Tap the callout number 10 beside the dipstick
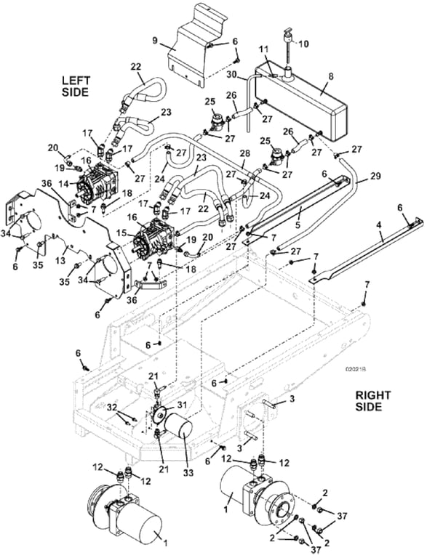[x=303, y=44]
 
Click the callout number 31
[x=180, y=404]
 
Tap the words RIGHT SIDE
[x=373, y=400]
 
